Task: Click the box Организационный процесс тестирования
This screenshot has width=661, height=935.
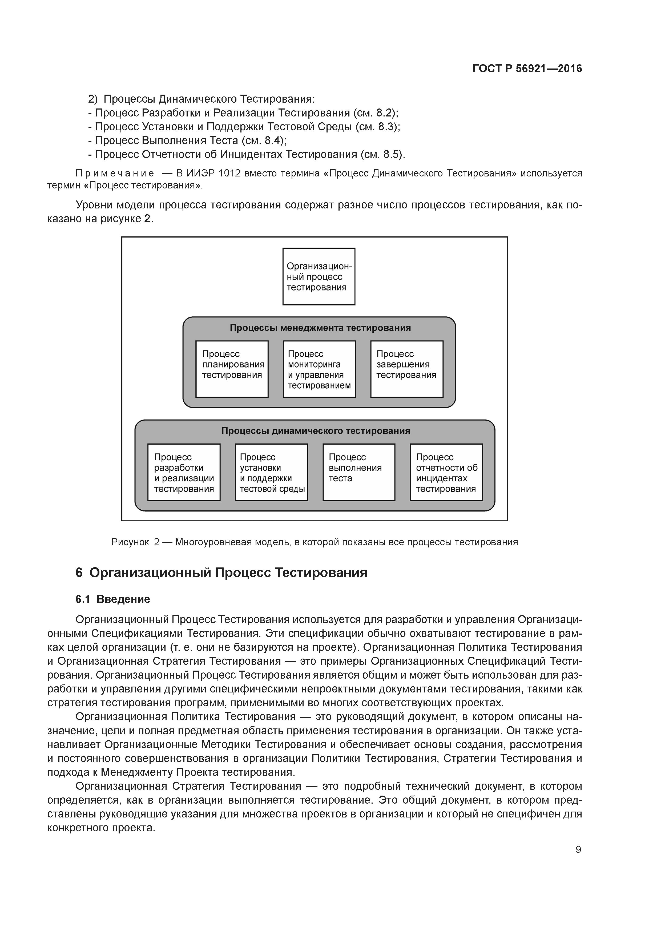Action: (319, 276)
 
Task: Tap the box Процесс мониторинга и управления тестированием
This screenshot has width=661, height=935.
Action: (319, 369)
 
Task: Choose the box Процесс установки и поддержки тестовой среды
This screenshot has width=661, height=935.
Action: (271, 472)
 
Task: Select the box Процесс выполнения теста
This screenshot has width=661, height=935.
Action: (358, 472)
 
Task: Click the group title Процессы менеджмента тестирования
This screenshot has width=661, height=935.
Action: (320, 328)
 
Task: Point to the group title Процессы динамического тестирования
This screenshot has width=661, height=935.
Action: (316, 431)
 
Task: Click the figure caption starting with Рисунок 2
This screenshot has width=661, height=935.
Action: (315, 542)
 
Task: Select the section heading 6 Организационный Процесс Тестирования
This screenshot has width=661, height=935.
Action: (221, 573)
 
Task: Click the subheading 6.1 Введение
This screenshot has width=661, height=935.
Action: (113, 599)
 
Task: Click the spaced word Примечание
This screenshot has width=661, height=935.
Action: (115, 174)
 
